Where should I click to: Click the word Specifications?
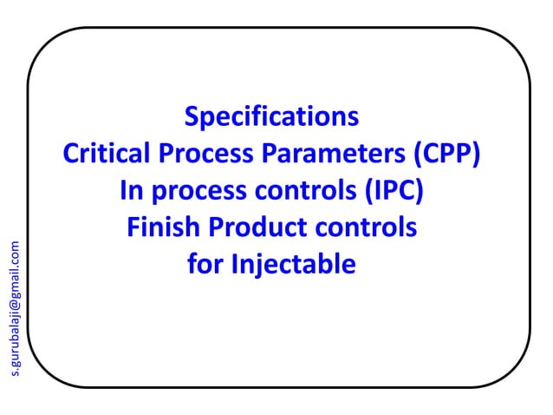click(x=271, y=117)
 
